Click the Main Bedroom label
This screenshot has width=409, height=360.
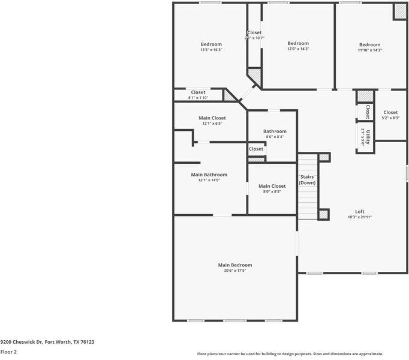click(x=234, y=265)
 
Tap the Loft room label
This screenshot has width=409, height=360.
click(x=360, y=211)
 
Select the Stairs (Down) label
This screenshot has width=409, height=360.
click(x=307, y=179)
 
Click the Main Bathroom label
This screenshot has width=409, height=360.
click(x=209, y=175)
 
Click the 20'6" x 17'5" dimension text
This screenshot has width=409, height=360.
click(x=234, y=271)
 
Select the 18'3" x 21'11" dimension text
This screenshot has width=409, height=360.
click(x=360, y=217)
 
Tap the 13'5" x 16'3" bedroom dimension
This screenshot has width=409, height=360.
click(x=210, y=50)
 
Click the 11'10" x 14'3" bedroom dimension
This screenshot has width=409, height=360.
click(x=369, y=50)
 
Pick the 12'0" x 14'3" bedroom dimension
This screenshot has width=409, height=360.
click(x=298, y=49)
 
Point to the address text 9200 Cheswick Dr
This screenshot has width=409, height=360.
click(x=47, y=342)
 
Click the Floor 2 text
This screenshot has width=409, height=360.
click(x=8, y=352)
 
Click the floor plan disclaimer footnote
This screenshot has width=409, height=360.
click(x=290, y=354)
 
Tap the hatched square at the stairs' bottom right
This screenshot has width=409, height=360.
click(x=324, y=214)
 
